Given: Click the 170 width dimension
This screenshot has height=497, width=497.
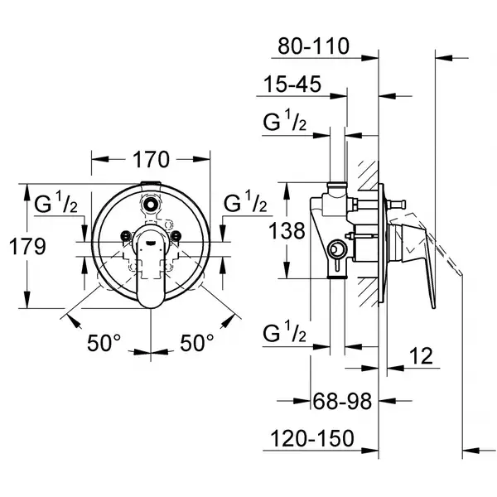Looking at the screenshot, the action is (x=152, y=159).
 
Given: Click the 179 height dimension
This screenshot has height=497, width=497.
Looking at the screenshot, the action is (x=27, y=246).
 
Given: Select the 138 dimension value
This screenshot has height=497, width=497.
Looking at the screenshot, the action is (x=287, y=230).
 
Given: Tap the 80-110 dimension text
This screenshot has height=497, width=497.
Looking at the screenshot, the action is (x=313, y=46).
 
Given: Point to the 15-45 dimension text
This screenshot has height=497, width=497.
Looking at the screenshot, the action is (x=292, y=84).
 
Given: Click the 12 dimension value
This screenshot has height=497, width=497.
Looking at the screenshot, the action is (x=422, y=355).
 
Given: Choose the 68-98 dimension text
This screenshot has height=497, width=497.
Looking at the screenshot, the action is (x=342, y=401).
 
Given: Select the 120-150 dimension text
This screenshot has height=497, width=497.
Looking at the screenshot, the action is (x=312, y=438).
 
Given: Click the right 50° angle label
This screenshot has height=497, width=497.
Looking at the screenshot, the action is (x=197, y=343).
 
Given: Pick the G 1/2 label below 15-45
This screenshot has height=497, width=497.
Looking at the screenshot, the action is (x=285, y=120).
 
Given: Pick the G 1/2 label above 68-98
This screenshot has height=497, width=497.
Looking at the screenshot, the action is (x=285, y=331).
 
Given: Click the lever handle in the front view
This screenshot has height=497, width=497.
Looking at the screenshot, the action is (x=151, y=268).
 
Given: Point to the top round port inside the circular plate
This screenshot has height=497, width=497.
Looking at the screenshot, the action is (x=150, y=203).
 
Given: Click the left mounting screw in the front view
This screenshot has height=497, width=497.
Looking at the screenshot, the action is (x=126, y=236).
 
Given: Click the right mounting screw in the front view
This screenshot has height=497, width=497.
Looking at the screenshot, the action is (x=176, y=236).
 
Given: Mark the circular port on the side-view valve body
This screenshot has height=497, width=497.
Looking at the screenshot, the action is (x=335, y=249).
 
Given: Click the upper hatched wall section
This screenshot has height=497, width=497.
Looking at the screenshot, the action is (x=369, y=176).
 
